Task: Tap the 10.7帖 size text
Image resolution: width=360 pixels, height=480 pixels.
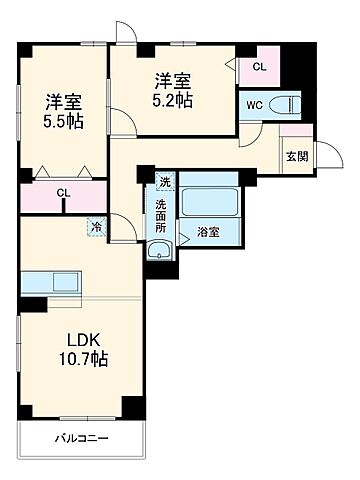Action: coord(82,358)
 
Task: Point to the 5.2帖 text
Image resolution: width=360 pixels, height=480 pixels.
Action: coord(173,99)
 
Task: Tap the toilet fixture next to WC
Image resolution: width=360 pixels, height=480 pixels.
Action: coord(288,103)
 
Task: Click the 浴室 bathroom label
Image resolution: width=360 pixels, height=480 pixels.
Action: coord(208,231)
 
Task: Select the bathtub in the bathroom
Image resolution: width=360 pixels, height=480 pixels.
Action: coord(208,200)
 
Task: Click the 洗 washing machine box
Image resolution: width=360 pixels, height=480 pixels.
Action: coord(164,182)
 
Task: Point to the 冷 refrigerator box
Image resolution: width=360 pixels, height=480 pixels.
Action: coord(96,227)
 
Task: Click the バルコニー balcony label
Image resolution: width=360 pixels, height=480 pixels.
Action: coord(82,438)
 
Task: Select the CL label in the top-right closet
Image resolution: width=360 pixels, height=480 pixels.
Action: coord(259,67)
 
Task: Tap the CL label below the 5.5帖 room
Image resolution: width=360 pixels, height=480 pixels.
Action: coord(63,193)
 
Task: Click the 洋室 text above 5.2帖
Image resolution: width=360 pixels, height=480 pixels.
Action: coord(173,80)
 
